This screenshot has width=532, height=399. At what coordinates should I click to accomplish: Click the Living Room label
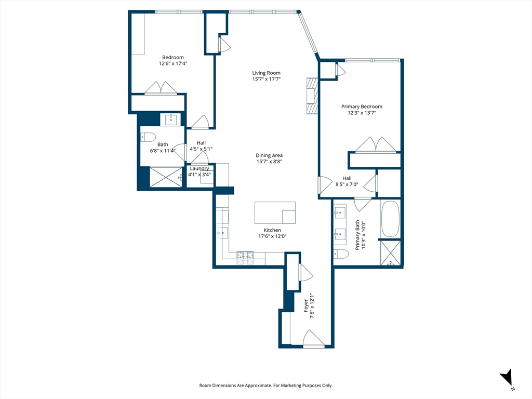coord(267,73)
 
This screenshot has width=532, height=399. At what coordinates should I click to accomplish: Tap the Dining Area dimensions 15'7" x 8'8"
coord(270,162)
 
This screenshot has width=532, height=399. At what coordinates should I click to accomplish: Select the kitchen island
coord(275,212)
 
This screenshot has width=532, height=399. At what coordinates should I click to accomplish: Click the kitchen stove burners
coord(245,258)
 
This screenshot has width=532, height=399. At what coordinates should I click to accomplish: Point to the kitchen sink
coord(222,233)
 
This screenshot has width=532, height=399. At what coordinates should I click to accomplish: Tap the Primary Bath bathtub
coord(390,219)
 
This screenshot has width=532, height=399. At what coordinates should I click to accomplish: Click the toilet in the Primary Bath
coord(341,254)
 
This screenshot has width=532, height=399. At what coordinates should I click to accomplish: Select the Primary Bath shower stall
coord(390,252)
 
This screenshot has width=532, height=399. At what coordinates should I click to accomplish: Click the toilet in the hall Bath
coord(148,137)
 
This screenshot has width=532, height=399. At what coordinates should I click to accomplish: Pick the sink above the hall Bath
coord(170,119)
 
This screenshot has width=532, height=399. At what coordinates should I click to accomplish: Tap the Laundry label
coord(199,169)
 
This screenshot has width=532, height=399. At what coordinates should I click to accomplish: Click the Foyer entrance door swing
coord(313,338)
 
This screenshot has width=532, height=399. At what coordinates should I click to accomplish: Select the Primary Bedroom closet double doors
coord(376,145)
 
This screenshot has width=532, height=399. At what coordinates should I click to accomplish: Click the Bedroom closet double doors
coord(161,88)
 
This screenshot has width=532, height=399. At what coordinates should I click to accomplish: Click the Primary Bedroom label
coord(362,107)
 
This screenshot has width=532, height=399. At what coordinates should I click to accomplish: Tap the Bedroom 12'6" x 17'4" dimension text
coord(173,63)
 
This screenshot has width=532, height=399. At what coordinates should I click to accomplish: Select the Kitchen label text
coord(272,230)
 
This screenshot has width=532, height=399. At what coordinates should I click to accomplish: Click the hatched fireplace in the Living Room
coord(312,96)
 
